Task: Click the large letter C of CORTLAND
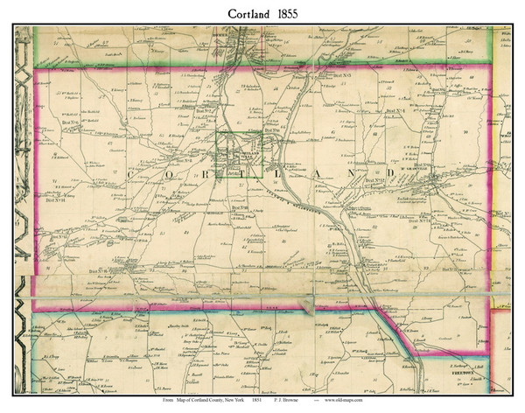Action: point(133,175)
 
